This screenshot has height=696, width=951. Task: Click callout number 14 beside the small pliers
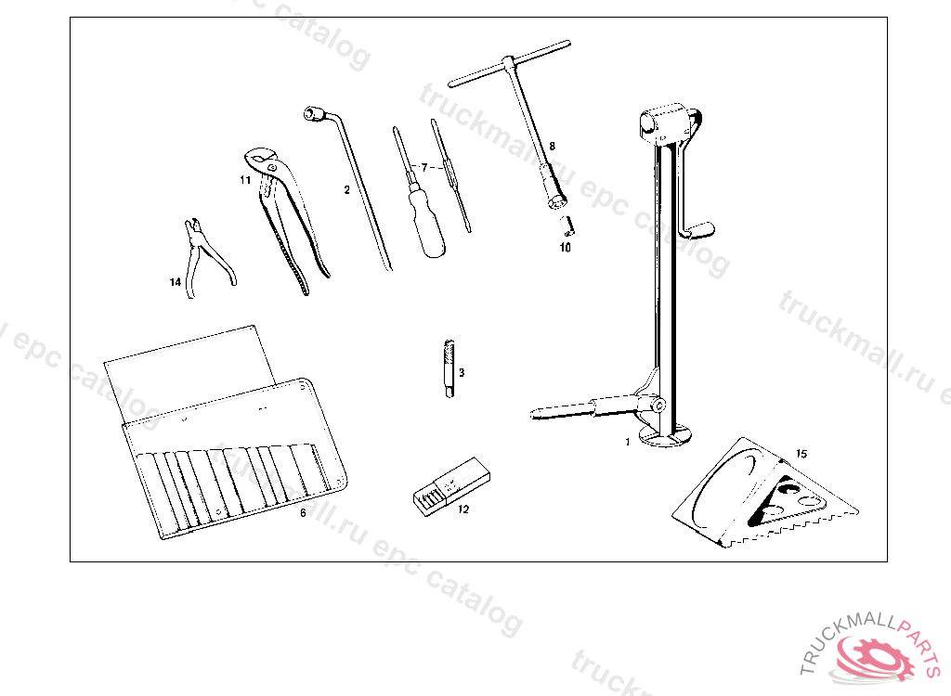tap(175, 282)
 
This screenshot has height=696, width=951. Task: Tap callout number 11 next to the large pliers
tap(245, 180)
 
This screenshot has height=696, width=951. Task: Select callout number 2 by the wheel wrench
tap(346, 189)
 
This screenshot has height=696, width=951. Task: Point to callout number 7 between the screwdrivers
tap(423, 167)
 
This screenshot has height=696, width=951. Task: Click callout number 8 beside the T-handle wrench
tap(552, 146)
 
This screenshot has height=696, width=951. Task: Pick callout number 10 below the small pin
tap(565, 248)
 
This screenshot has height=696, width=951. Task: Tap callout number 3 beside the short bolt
tap(462, 372)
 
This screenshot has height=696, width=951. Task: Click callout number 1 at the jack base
tap(627, 442)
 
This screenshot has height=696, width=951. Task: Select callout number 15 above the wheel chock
tap(801, 454)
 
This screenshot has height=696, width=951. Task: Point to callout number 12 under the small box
tap(463, 509)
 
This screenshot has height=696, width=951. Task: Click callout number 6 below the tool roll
tap(302, 511)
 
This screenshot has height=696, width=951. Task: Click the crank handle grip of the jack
tap(701, 228)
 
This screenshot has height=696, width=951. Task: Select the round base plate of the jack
tap(669, 436)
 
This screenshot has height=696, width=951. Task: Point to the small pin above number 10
tap(569, 226)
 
